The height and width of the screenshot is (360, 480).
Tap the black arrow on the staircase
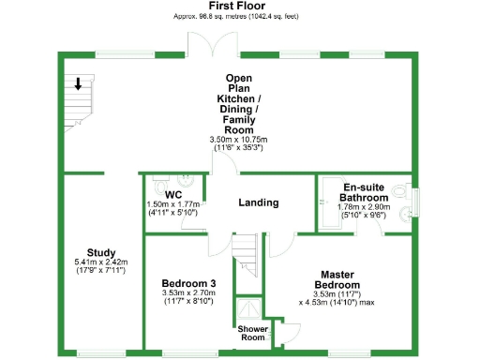(79, 84)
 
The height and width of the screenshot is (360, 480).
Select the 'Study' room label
(100, 251)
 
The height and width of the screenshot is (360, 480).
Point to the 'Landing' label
(258, 202)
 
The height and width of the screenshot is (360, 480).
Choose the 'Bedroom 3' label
(188, 283)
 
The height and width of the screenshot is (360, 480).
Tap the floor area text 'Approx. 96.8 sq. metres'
(207, 17)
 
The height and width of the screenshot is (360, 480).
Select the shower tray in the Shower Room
(248, 310)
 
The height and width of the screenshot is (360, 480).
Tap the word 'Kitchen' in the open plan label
(239, 98)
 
